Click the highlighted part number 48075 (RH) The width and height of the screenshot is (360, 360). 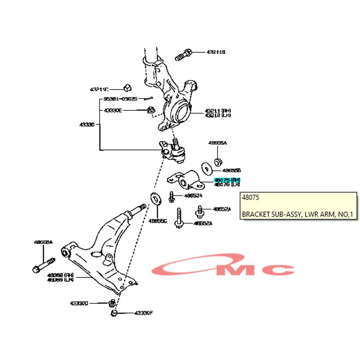227,180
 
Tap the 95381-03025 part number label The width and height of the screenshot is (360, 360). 120,98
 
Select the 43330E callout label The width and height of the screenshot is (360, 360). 113,110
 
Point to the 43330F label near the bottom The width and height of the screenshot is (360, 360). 144,313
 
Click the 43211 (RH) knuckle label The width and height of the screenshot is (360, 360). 218,111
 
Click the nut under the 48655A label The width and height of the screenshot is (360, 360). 218,162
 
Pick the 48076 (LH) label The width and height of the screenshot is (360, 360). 227,185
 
